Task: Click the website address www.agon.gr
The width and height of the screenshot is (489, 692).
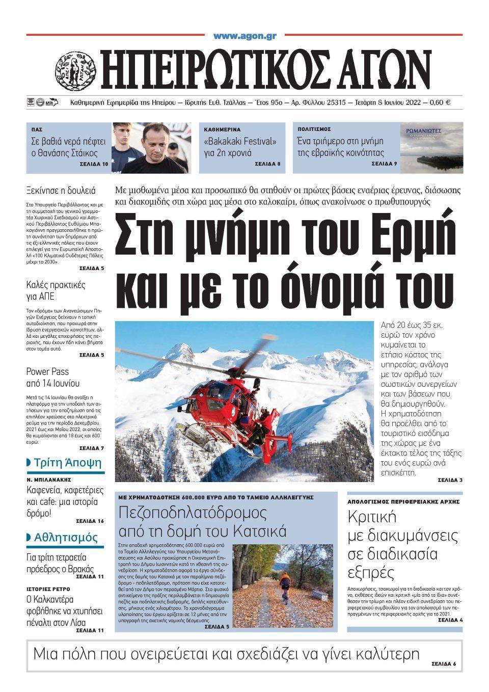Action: pos(244,36)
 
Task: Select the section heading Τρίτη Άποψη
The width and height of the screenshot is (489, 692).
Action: pos(67,463)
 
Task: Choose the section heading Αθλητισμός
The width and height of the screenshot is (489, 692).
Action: pos(66,537)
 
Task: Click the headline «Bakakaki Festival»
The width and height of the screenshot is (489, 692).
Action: pos(240,141)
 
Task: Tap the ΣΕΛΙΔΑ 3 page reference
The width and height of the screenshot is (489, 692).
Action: pos(450,480)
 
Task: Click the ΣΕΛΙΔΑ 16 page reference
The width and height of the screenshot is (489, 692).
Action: pos(90,521)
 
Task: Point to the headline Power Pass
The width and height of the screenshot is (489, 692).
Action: pos(47,371)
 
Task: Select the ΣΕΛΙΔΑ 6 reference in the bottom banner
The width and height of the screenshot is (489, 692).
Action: pos(444,664)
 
